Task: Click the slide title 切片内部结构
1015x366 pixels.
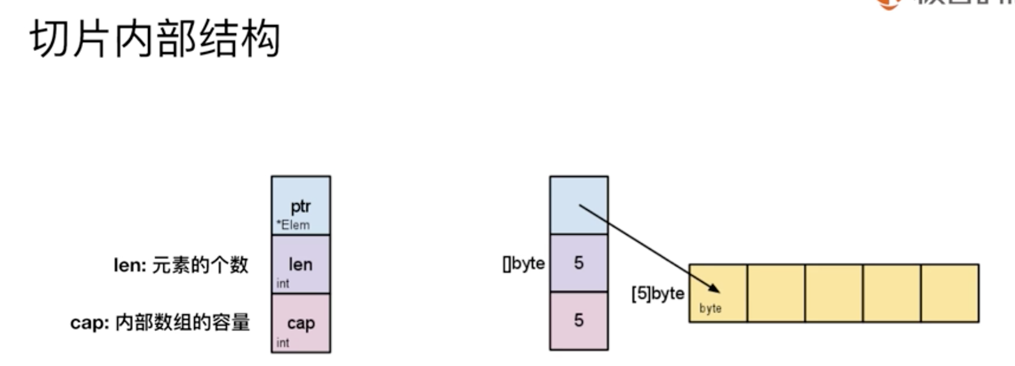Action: [x=155, y=40]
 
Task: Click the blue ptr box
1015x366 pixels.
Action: [x=301, y=205]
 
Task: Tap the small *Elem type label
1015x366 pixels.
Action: [x=293, y=225]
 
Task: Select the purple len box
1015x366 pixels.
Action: [x=301, y=264]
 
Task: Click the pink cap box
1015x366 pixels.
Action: [x=301, y=323]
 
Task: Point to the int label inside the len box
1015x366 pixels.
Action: [x=283, y=284]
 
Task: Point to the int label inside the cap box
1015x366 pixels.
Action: [x=283, y=343]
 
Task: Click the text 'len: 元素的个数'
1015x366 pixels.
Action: [x=181, y=265]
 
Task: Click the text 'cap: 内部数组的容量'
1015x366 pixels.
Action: [x=160, y=323]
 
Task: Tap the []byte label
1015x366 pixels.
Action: [x=523, y=263]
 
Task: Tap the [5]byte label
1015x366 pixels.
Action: [x=658, y=293]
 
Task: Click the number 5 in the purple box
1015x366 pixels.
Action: [x=578, y=263]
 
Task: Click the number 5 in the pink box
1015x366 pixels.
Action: [x=578, y=320]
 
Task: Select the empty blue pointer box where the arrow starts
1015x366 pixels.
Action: [x=578, y=205]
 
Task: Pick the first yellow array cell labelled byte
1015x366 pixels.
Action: [x=718, y=293]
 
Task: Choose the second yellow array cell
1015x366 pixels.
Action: [x=776, y=293]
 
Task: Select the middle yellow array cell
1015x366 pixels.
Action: [x=834, y=293]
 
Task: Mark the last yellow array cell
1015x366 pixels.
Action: [x=949, y=293]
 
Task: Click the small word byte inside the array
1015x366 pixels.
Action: [x=710, y=309]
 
